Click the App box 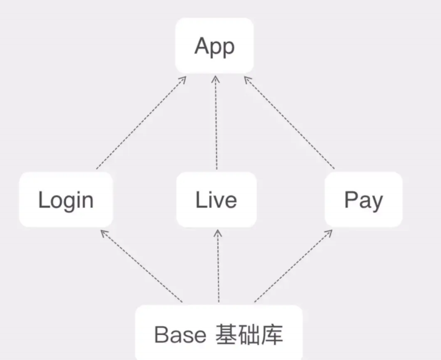(215, 46)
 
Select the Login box (66, 200)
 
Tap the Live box (216, 200)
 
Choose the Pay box (364, 200)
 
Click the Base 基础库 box (219, 333)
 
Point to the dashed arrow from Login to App (141, 123)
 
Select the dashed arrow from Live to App (216, 123)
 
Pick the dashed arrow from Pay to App (289, 123)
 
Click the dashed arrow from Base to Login (142, 266)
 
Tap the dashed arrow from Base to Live (218, 266)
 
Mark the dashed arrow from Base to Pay (293, 266)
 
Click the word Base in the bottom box (180, 334)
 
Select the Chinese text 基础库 (249, 334)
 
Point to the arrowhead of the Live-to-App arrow (216, 79)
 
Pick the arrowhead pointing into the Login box (104, 233)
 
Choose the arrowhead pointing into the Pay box (329, 233)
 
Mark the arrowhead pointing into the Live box (218, 233)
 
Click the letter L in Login (43, 200)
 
